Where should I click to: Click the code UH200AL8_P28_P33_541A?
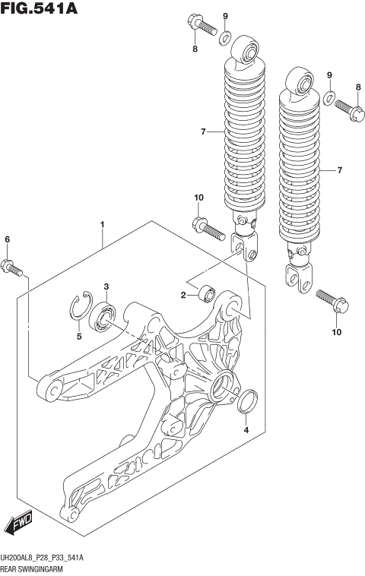(x=42, y=558)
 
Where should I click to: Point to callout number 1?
(x=102, y=225)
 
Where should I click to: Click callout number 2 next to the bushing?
(x=183, y=295)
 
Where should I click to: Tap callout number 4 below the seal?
(x=246, y=431)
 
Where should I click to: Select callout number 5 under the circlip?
(x=79, y=335)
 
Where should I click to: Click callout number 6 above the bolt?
(x=8, y=240)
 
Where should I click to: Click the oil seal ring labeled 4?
(x=247, y=401)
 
